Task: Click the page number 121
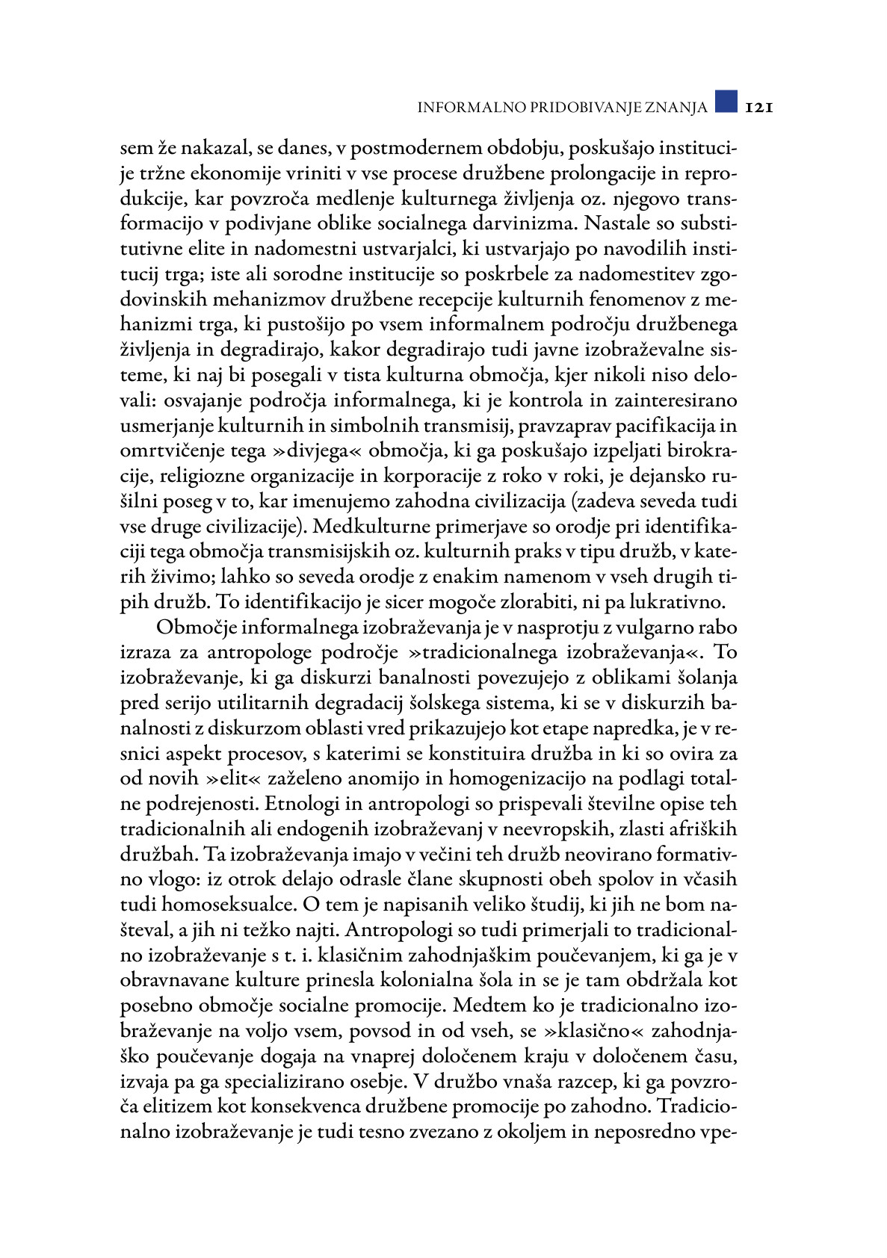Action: tap(756, 107)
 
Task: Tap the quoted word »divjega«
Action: tap(316, 450)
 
